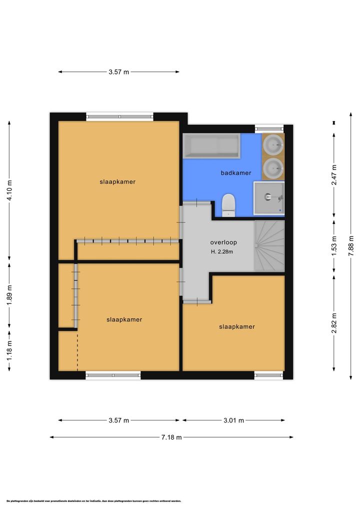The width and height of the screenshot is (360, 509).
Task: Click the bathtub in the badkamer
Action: [211, 146]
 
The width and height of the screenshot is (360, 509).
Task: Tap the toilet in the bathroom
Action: [229, 205]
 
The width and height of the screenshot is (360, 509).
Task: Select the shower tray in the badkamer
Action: [269, 198]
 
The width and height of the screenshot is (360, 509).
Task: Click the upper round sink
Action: [273, 144]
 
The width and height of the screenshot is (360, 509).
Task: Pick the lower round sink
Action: [273, 168]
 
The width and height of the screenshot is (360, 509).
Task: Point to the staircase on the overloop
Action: [269, 246]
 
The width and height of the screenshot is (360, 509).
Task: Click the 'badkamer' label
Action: [236, 173]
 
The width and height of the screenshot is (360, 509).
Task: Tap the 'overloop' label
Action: [223, 242]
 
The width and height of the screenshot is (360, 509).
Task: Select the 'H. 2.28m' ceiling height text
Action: [222, 251]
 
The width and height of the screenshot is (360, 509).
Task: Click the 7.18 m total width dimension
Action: [171, 437]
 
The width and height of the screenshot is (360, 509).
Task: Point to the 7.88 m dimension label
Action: [351, 245]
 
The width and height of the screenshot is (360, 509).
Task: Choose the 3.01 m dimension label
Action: [233, 420]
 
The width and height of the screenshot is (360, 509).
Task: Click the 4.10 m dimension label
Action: [9, 190]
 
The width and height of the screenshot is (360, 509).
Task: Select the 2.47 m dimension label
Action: [334, 175]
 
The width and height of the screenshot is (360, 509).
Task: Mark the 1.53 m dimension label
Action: [334, 246]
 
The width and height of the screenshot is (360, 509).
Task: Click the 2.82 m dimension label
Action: [334, 323]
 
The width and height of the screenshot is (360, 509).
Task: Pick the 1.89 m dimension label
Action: [9, 295]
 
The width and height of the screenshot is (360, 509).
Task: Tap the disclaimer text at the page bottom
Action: [93, 501]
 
